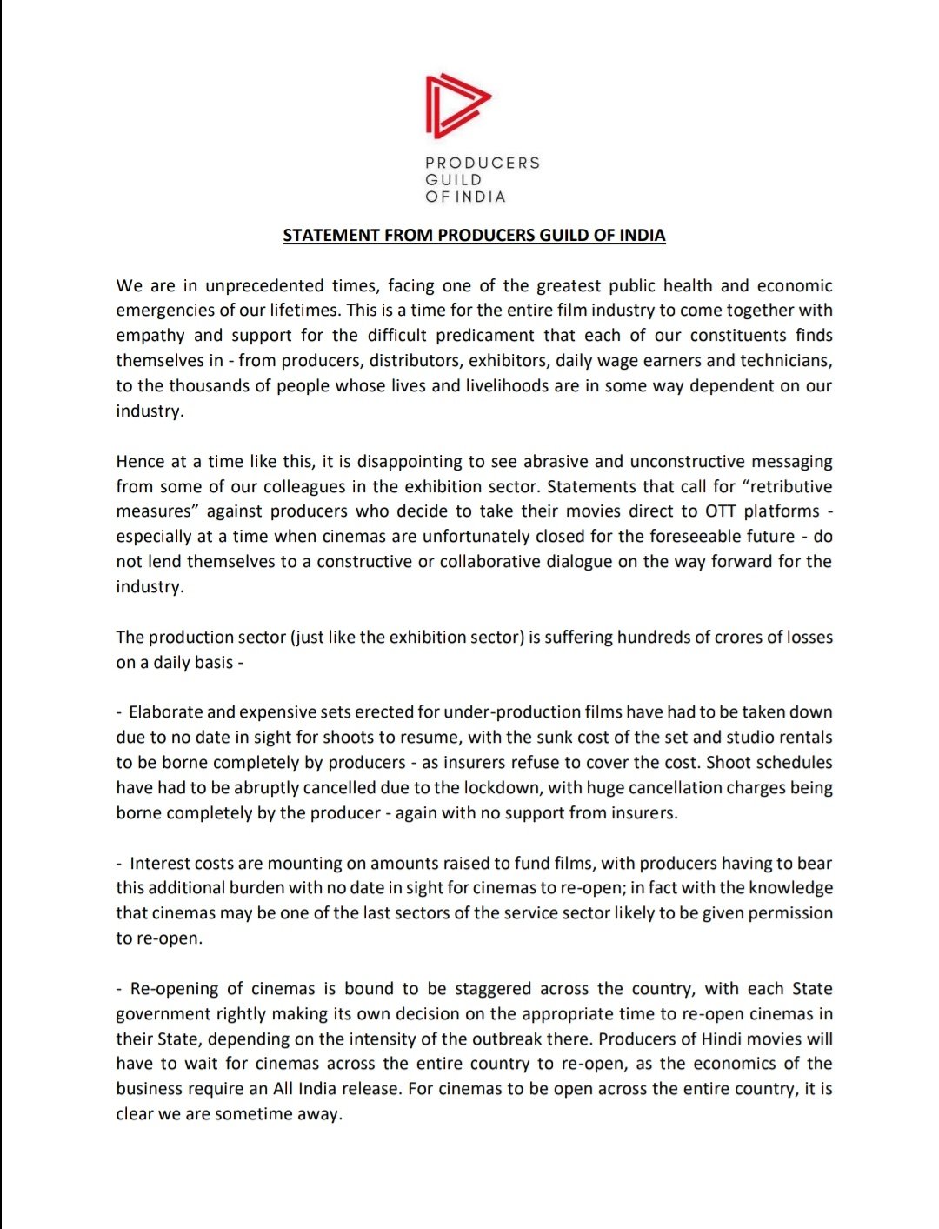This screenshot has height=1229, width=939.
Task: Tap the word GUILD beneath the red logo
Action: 453,180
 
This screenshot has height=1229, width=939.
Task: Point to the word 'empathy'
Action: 150,336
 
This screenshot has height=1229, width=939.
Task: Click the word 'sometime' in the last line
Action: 249,1114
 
